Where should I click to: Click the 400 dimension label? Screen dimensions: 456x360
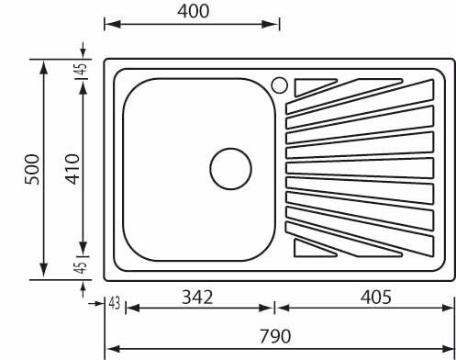click(x=194, y=11)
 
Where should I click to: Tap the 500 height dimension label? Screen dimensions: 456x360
click(x=32, y=169)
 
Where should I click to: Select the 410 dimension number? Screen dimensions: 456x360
click(x=73, y=169)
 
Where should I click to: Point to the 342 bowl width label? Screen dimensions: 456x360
click(x=197, y=297)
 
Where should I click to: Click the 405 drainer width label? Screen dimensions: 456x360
click(x=375, y=297)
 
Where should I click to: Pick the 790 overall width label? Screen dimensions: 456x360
click(x=275, y=336)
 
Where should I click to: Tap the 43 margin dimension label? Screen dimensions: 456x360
click(x=115, y=304)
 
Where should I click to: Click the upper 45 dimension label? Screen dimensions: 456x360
click(x=82, y=70)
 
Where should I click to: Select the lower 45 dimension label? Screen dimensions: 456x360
click(x=81, y=267)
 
